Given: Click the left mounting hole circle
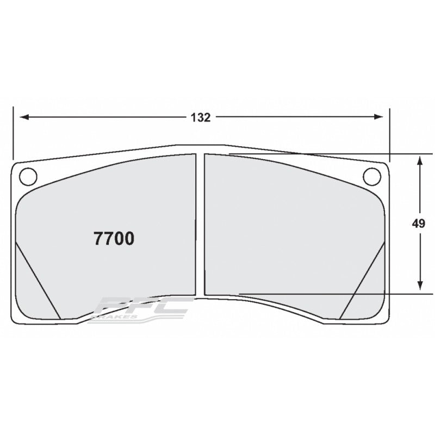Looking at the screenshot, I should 27,176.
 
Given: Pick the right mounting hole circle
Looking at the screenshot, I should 371,176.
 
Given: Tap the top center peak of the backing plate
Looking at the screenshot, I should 200,145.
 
